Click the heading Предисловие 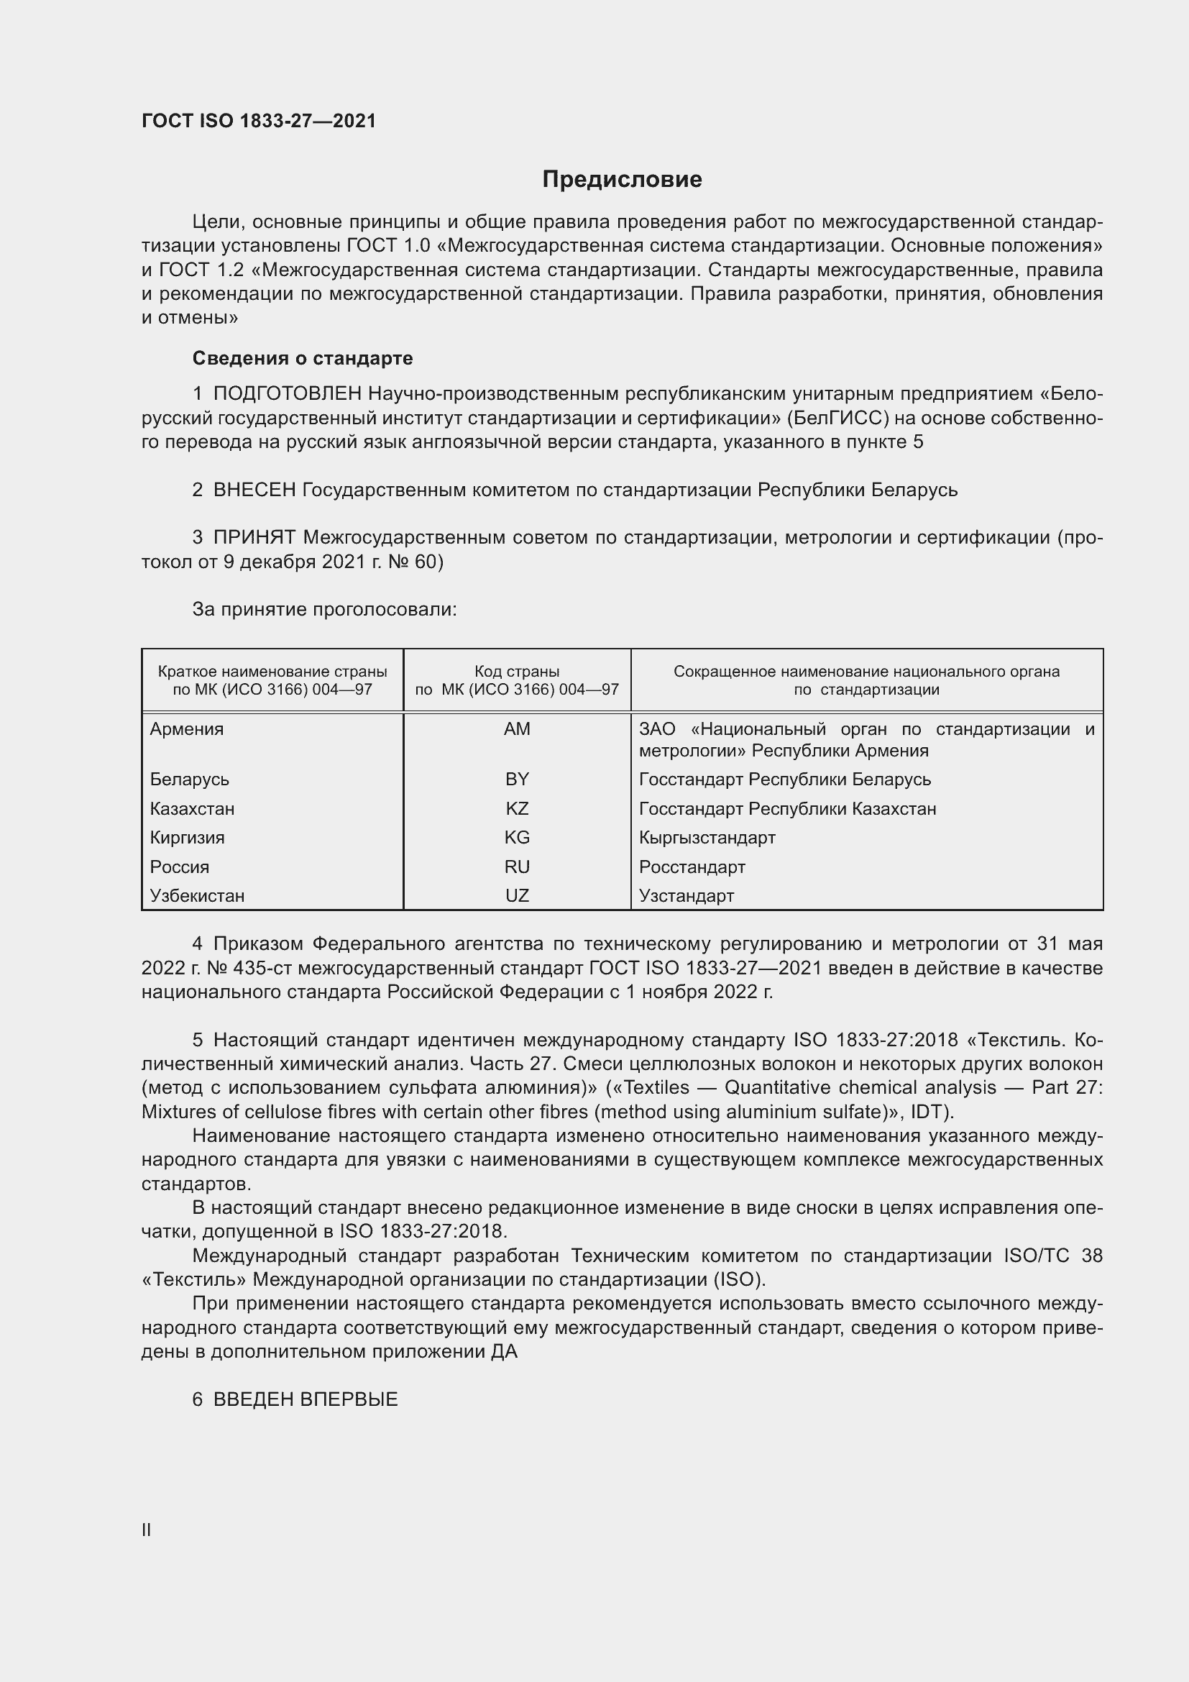(x=622, y=180)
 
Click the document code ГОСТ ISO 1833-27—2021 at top (x=259, y=121)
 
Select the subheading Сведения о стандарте (x=303, y=358)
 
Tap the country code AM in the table (x=517, y=729)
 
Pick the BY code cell (x=517, y=779)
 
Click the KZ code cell (x=517, y=809)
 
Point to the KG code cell (x=517, y=837)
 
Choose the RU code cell (x=517, y=867)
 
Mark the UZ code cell (x=517, y=895)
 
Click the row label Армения (x=187, y=729)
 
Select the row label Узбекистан (x=197, y=895)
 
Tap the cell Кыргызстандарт (x=707, y=837)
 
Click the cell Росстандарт (x=692, y=867)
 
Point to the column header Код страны (x=517, y=672)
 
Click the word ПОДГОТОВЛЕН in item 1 (x=287, y=394)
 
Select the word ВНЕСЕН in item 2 (x=254, y=490)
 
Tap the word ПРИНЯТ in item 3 (x=254, y=538)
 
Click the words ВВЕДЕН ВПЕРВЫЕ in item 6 (x=306, y=1399)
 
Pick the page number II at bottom (x=147, y=1530)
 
